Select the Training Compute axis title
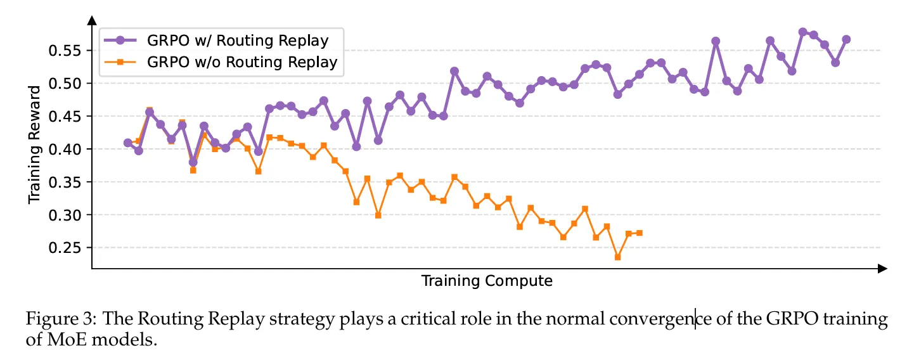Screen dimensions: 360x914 click(487, 281)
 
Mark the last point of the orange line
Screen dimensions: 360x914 click(639, 233)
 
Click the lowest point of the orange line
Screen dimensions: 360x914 click(617, 257)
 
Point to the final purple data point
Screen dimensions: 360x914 click(846, 39)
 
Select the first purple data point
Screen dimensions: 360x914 click(128, 143)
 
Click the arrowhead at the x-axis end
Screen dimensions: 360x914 click(882, 269)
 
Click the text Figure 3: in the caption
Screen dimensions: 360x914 click(54, 319)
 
